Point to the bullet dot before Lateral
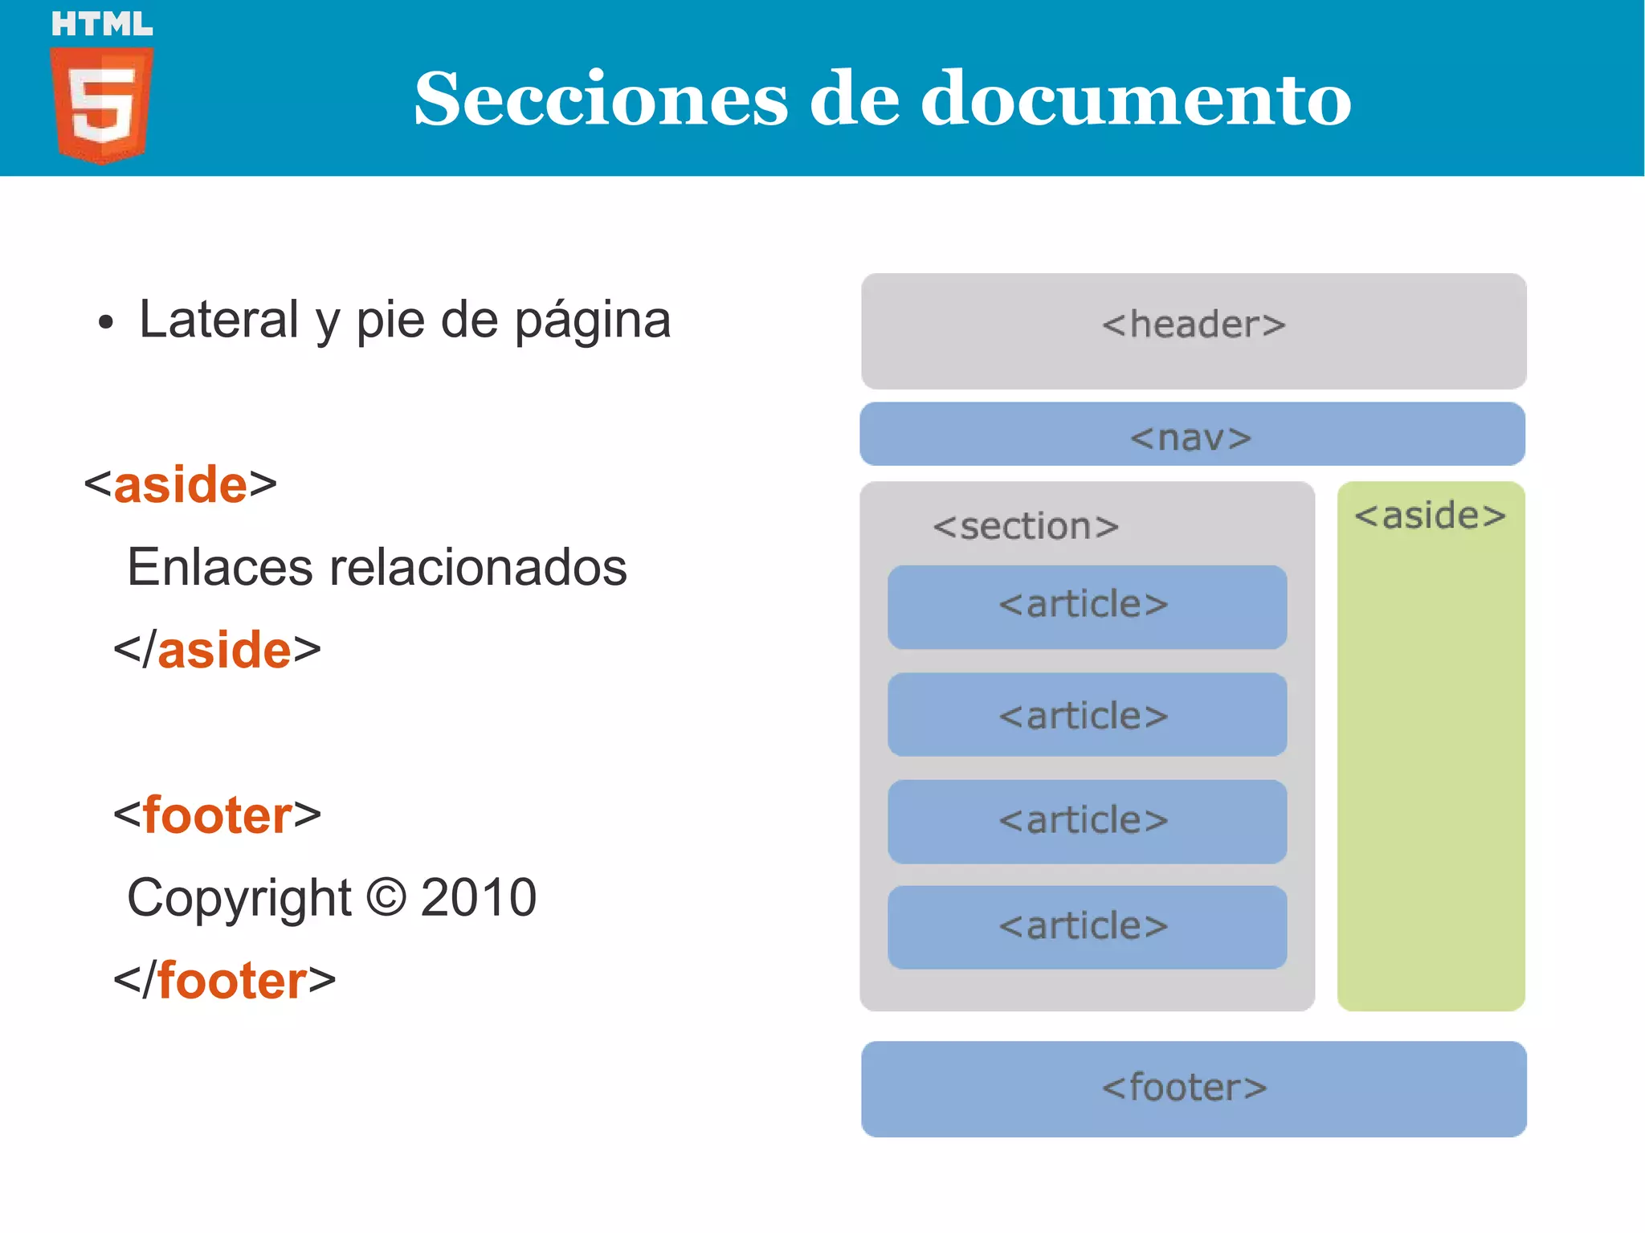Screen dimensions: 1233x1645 pyautogui.click(x=106, y=323)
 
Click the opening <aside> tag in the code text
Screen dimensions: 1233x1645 pyautogui.click(x=181, y=485)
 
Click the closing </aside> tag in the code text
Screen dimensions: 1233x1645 pyautogui.click(x=217, y=650)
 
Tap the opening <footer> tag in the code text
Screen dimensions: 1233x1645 pyautogui.click(x=217, y=815)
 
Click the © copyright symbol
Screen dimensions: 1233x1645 pyautogui.click(x=386, y=897)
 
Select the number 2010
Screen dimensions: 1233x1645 pyautogui.click(x=479, y=897)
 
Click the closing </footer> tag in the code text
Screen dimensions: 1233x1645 pyautogui.click(x=224, y=981)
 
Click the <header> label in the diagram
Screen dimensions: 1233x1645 pyautogui.click(x=1194, y=325)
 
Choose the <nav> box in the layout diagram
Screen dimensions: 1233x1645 pyautogui.click(x=1192, y=435)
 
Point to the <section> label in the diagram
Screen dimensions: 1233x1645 pyautogui.click(x=1026, y=527)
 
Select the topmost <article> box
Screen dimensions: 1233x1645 pyautogui.click(x=1087, y=606)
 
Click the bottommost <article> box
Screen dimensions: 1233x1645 pyautogui.click(x=1087, y=927)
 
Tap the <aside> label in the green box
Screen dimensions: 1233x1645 pyautogui.click(x=1430, y=516)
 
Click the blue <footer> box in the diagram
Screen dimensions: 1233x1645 pyautogui.click(x=1194, y=1088)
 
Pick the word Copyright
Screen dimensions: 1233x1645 pyautogui.click(x=239, y=897)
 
